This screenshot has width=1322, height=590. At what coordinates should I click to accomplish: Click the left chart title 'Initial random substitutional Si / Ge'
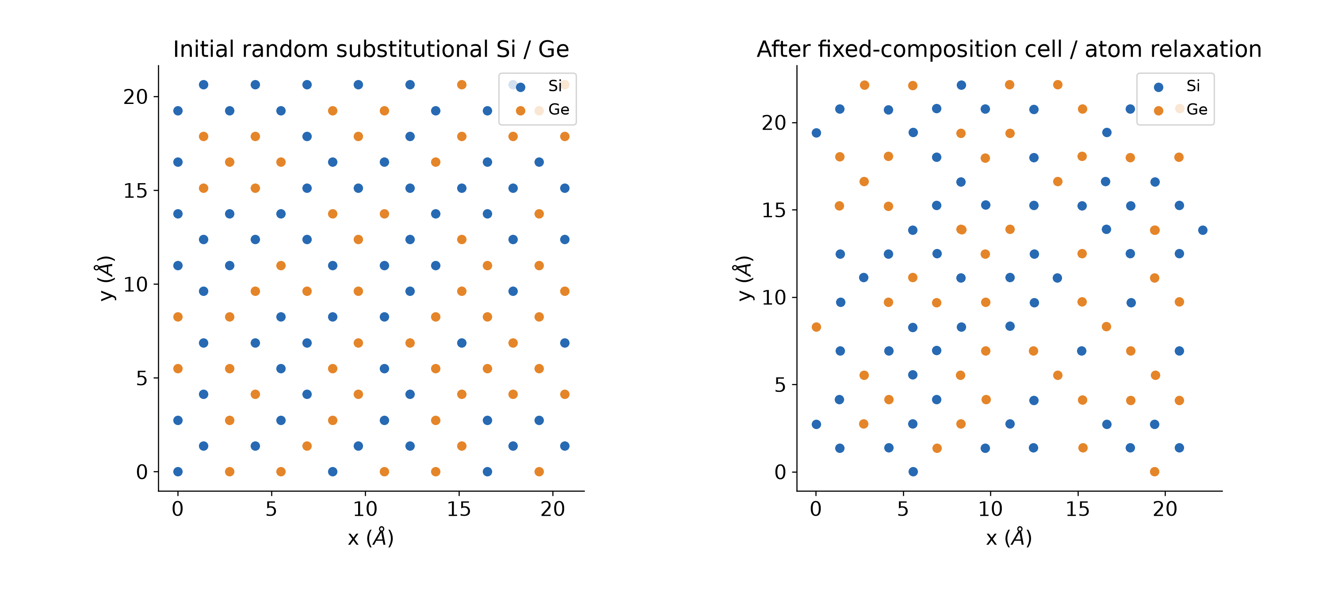pos(371,49)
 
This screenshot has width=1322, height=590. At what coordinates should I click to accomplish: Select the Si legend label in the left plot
pos(555,86)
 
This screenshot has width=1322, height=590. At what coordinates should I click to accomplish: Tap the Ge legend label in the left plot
pos(559,109)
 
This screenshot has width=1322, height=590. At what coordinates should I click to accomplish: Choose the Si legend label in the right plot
pos(1193,86)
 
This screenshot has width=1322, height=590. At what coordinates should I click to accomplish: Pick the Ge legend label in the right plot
pos(1197,109)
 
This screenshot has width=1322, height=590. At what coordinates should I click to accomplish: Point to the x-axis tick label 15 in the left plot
pos(459,509)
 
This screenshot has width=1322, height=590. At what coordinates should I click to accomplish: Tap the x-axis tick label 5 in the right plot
pos(903,509)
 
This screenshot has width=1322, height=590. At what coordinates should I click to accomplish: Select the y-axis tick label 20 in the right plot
pos(774,123)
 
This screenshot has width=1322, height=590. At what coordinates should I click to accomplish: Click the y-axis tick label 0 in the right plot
pos(780,472)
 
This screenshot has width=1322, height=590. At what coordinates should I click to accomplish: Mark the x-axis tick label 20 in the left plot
pos(553,509)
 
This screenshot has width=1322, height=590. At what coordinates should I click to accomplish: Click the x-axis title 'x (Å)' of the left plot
pos(371,538)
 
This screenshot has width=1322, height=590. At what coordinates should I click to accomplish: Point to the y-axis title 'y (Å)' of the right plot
pos(745,278)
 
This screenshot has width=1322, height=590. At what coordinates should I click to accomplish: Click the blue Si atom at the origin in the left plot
pos(178,472)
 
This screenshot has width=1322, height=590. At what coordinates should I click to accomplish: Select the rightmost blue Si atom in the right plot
pos(1203,230)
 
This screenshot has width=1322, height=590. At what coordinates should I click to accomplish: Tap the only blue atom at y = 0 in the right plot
pos(913,472)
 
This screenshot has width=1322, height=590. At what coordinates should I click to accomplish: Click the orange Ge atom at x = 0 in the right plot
pos(817,327)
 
